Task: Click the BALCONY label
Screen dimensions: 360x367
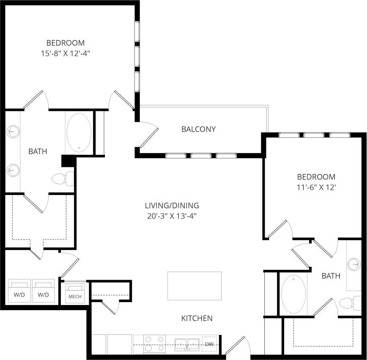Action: click(x=198, y=129)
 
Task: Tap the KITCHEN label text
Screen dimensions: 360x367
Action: click(x=197, y=318)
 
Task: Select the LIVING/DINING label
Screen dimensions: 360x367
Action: click(x=172, y=206)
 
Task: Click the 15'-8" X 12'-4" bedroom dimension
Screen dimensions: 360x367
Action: click(x=65, y=53)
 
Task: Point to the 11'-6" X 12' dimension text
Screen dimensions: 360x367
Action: click(x=316, y=187)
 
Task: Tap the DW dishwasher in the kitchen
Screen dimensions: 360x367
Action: click(x=209, y=344)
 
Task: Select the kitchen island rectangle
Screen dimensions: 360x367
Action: click(x=194, y=286)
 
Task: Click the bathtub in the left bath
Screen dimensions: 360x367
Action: click(x=78, y=132)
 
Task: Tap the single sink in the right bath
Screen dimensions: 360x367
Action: click(x=353, y=265)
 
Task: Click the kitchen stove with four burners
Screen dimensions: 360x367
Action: click(x=155, y=344)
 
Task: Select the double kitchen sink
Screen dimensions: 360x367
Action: click(x=187, y=344)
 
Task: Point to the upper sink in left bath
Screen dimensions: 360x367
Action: click(x=13, y=132)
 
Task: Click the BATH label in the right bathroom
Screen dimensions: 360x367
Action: click(x=331, y=276)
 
